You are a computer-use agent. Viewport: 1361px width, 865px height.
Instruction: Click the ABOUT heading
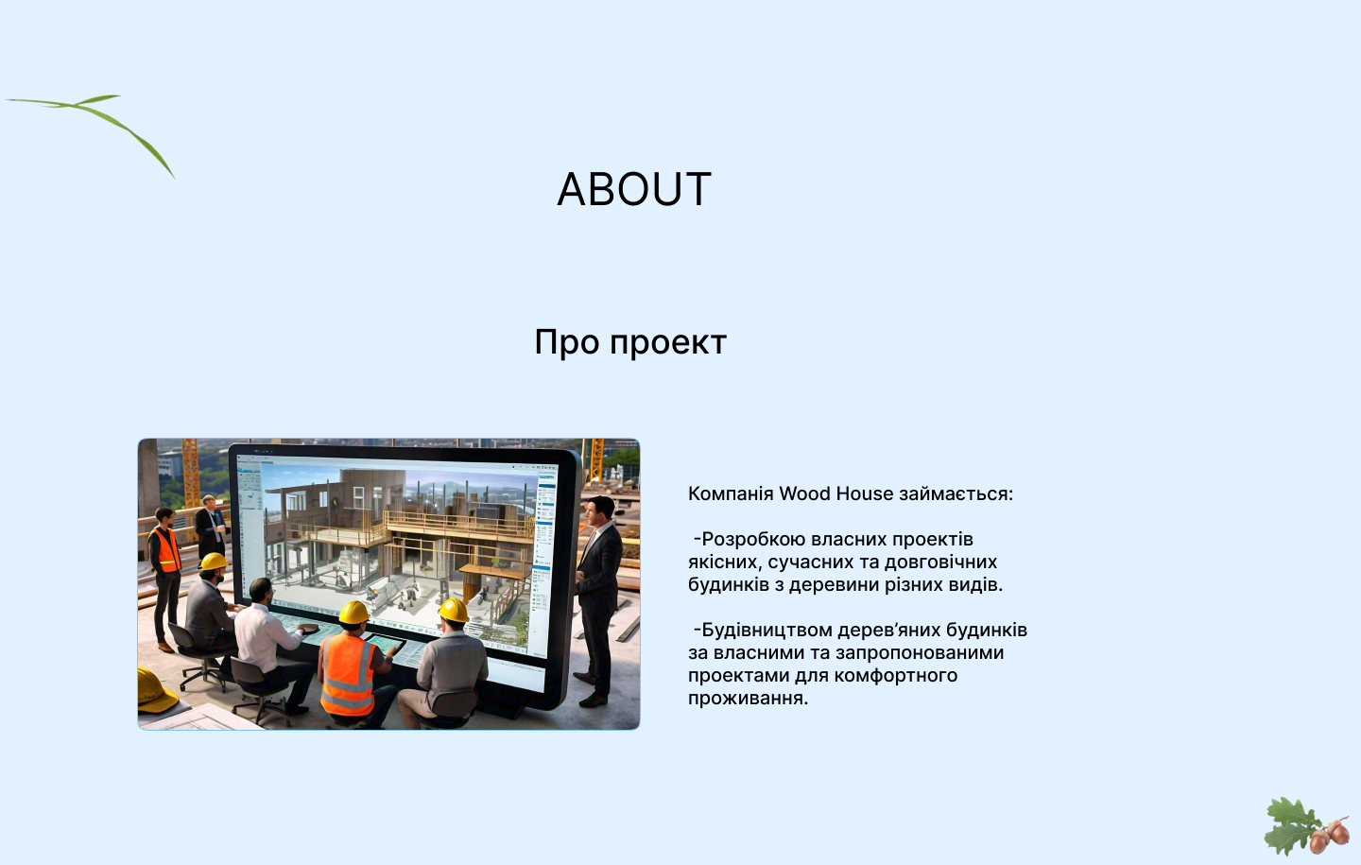click(x=634, y=189)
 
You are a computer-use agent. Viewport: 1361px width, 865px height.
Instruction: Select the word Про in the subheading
click(x=566, y=342)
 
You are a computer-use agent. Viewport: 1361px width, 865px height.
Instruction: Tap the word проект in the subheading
click(x=667, y=343)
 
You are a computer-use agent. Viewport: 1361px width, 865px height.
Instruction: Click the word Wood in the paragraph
click(x=804, y=493)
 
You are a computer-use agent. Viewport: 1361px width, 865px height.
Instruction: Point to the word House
click(x=864, y=493)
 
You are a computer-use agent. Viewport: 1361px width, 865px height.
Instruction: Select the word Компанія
click(x=731, y=493)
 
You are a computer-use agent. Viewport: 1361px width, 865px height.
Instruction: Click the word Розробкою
click(x=753, y=539)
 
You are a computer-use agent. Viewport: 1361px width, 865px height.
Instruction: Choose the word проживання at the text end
click(x=748, y=699)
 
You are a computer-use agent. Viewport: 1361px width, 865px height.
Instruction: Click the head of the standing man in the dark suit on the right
click(x=598, y=511)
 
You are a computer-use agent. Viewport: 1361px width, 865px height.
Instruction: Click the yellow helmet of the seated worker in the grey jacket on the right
click(x=454, y=610)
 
